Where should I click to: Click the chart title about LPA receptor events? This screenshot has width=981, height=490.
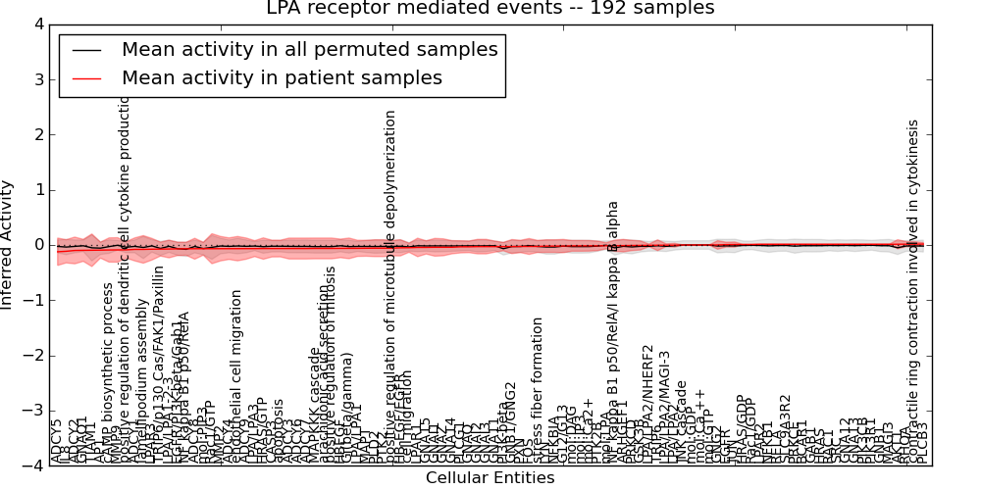coord(490,9)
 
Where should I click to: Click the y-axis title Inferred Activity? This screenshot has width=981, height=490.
coord(9,245)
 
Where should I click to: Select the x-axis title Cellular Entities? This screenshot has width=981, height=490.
coord(490,478)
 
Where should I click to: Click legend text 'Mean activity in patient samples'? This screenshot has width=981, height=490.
coord(282,78)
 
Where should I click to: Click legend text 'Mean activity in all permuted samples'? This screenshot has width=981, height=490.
coord(309,50)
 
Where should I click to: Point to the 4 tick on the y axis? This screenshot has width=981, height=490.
coord(37,24)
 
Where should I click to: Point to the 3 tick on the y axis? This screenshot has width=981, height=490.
coord(37,79)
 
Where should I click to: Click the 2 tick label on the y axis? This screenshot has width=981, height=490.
coord(37,134)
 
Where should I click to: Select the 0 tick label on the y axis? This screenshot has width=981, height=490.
coord(37,245)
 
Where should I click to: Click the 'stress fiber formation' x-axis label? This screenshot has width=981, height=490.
coord(538,390)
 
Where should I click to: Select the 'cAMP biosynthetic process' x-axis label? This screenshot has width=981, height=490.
coord(109,372)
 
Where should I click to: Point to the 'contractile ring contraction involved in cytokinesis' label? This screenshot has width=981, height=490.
coord(913,292)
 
